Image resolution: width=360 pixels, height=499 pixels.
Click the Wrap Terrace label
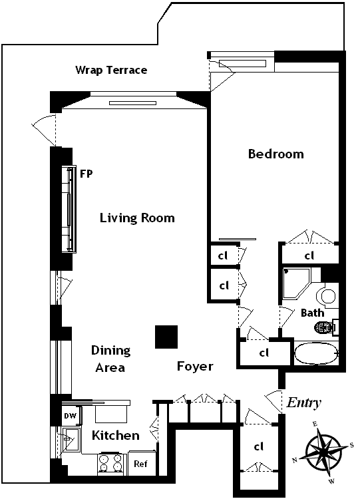pos(111,70)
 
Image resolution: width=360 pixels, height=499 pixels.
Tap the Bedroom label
pos(275,154)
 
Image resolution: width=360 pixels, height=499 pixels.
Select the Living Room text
pos(137,218)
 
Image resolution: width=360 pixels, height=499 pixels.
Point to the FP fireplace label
pos(86,174)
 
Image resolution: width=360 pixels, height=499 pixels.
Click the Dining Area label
pos(110,359)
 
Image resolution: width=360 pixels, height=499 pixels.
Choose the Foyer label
pos(195,367)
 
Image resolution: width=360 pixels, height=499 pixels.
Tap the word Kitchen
pos(116,435)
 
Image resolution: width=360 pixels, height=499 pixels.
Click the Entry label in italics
pos(303,403)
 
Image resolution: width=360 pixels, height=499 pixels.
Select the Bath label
pos(312,313)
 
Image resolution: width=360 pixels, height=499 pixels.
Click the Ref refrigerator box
pos(142,463)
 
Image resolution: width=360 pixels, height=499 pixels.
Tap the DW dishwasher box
pos(71,416)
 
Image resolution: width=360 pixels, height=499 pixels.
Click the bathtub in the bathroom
pos(316,353)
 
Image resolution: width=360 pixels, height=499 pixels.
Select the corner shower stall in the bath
pos(296,284)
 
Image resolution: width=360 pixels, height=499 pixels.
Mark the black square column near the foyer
pos(166,337)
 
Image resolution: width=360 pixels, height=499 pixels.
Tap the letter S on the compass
pos(351,445)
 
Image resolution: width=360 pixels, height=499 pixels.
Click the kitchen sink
pos(72,440)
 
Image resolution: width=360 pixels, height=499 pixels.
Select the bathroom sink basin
pos(327,296)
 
